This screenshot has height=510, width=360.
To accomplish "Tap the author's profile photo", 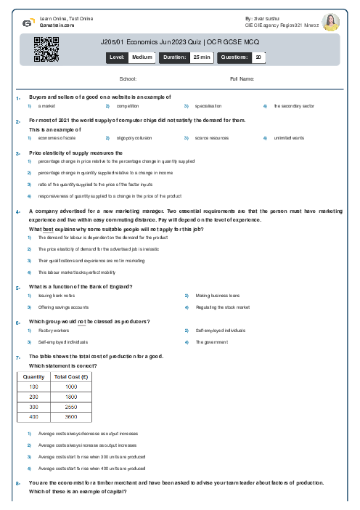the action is point(330,22).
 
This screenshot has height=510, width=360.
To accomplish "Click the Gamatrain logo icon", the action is point(28,23).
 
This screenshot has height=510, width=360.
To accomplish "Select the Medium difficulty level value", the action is point(142,57).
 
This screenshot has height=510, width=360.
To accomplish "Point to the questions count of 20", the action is point(258,57).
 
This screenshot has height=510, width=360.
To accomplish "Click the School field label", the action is point(128,78).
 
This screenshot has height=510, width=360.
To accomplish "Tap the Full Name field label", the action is point(242,78).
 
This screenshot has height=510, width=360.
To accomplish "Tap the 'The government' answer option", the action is point(211,342).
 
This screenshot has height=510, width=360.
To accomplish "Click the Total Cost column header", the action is point(71,378).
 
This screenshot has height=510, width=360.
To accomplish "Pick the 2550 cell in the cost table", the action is point(71,408).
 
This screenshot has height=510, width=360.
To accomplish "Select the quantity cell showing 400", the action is point(33,417).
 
